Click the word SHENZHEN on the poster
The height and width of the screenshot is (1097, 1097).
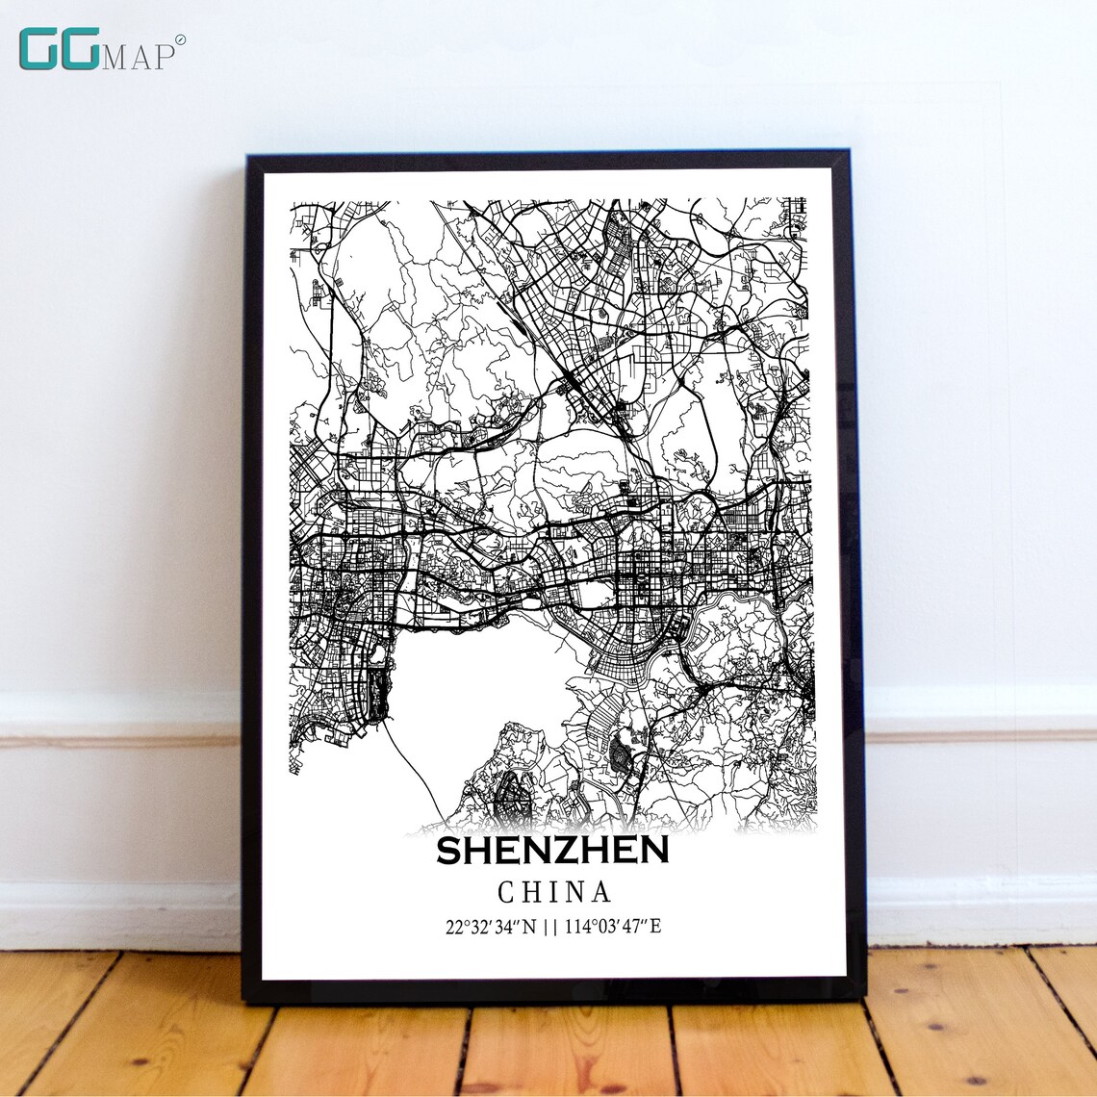click(552, 851)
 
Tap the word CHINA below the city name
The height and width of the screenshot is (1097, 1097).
click(554, 892)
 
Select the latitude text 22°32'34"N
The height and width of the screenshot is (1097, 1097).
click(490, 928)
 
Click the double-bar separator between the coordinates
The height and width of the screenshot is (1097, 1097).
click(552, 928)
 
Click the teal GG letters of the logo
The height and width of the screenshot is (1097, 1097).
click(59, 49)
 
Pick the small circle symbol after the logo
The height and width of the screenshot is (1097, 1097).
click(180, 39)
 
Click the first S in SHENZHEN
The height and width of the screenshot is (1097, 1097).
click(450, 851)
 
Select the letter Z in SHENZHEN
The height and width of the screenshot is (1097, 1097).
click(562, 851)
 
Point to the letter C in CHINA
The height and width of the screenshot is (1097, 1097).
click(507, 892)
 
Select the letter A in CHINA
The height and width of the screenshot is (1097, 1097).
click(601, 892)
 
